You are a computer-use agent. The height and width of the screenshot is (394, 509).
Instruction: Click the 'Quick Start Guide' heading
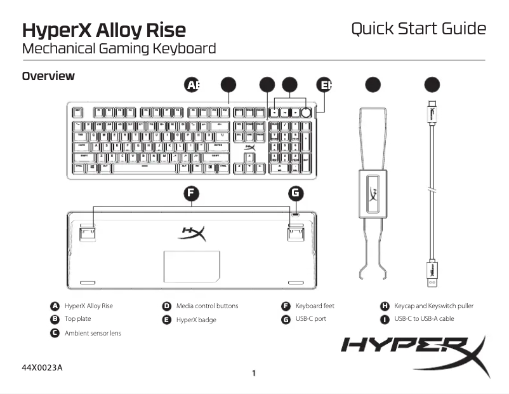tap(418, 29)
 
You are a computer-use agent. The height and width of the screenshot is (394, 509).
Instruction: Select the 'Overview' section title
tap(48, 76)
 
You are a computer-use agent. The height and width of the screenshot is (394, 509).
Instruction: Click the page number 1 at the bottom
tap(254, 373)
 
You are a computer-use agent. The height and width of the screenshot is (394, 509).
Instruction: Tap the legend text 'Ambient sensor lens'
tap(93, 333)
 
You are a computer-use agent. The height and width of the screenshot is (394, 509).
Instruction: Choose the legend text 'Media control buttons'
tap(207, 306)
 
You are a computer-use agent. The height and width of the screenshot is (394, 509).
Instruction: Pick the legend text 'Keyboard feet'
tap(316, 306)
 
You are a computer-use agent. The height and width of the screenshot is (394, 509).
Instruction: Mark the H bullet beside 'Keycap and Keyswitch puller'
tap(384, 306)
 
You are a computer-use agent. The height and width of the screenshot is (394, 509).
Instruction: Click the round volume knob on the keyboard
tap(307, 112)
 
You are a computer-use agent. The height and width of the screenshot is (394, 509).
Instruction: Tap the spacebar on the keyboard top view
tap(145, 168)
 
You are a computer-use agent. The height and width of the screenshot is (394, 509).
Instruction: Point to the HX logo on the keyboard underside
tap(192, 233)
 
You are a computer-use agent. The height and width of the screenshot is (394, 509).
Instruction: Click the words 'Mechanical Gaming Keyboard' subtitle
tap(119, 48)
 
